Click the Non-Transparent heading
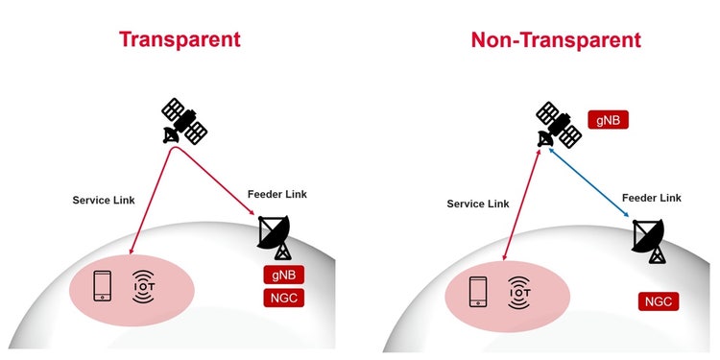tap(555, 39)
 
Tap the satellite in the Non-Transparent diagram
tap(559, 125)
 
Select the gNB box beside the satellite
tap(609, 122)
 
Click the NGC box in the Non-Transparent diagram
tap(659, 302)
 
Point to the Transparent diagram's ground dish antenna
tap(276, 236)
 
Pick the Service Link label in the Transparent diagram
tap(103, 200)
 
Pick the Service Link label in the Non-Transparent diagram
tap(477, 204)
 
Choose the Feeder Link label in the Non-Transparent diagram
tap(651, 198)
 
